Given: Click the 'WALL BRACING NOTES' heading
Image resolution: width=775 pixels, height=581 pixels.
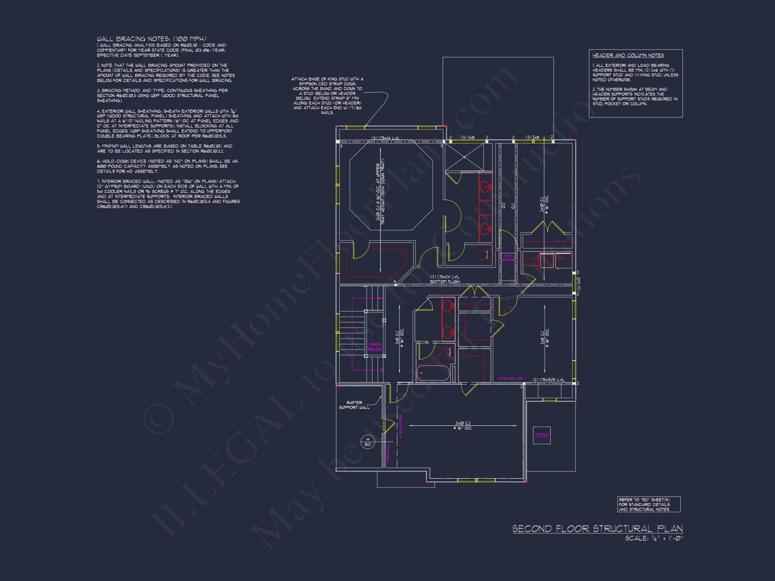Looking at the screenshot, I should pyautogui.click(x=152, y=39).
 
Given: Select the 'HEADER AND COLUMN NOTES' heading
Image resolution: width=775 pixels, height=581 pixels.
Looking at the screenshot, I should pyautogui.click(x=628, y=55).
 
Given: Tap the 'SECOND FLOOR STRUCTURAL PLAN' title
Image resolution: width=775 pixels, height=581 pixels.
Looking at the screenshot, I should pyautogui.click(x=597, y=529).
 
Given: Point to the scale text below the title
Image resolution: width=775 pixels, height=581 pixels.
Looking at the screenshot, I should pyautogui.click(x=654, y=538).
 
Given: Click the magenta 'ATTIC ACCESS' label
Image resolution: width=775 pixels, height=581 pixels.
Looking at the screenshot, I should pyautogui.click(x=508, y=258).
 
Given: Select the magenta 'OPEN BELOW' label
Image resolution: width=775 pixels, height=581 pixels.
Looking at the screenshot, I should pyautogui.click(x=375, y=347).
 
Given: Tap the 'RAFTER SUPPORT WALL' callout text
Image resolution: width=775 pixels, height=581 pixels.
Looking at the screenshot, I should pyautogui.click(x=354, y=405).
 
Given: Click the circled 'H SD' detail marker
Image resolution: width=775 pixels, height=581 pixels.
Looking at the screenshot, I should pyautogui.click(x=367, y=442).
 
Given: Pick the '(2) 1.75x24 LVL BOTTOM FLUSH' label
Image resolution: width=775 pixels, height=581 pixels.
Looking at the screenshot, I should pyautogui.click(x=445, y=279).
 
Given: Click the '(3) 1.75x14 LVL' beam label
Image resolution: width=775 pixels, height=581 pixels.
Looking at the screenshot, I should pyautogui.click(x=385, y=138).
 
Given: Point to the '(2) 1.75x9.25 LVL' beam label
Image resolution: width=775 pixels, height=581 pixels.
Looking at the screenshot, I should pyautogui.click(x=548, y=380).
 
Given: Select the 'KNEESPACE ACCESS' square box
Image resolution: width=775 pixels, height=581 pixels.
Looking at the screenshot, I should pyautogui.click(x=542, y=435).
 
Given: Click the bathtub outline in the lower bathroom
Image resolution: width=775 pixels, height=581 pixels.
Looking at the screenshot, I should pyautogui.click(x=433, y=373).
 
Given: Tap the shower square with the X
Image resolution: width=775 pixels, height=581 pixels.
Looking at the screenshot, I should pyautogui.click(x=464, y=157).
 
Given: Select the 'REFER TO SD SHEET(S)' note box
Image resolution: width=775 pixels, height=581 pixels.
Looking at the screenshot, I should pyautogui.click(x=649, y=504).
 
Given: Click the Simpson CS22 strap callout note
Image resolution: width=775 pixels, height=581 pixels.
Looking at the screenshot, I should pyautogui.click(x=327, y=96).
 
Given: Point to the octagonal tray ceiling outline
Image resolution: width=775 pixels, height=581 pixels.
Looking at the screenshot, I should pyautogui.click(x=391, y=186).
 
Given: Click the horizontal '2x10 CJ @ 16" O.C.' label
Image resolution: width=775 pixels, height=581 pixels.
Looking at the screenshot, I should pyautogui.click(x=463, y=426).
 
